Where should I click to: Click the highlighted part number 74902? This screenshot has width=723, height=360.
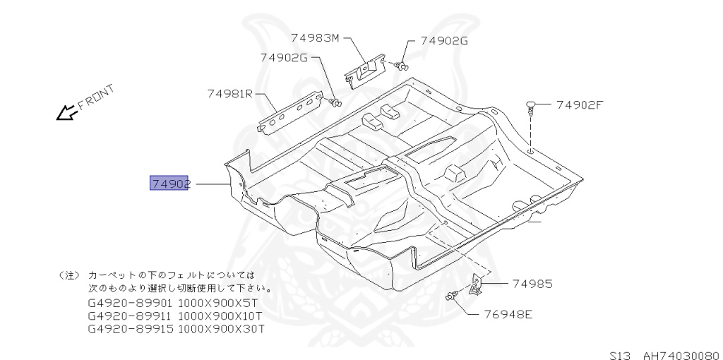pyautogui.click(x=170, y=184)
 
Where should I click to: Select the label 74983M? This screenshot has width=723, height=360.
pyautogui.click(x=314, y=37)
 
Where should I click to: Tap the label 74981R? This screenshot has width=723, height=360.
pyautogui.click(x=230, y=93)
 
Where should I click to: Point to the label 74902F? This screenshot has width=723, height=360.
pyautogui.click(x=580, y=105)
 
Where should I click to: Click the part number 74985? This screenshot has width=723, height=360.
pyautogui.click(x=532, y=284)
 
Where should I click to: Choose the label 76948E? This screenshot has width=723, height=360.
pyautogui.click(x=508, y=315)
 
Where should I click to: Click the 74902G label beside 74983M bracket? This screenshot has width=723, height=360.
pyautogui.click(x=444, y=41)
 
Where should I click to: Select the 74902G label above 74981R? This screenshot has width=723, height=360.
pyautogui.click(x=283, y=58)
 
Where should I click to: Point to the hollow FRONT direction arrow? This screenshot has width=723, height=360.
pyautogui.click(x=66, y=112)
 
